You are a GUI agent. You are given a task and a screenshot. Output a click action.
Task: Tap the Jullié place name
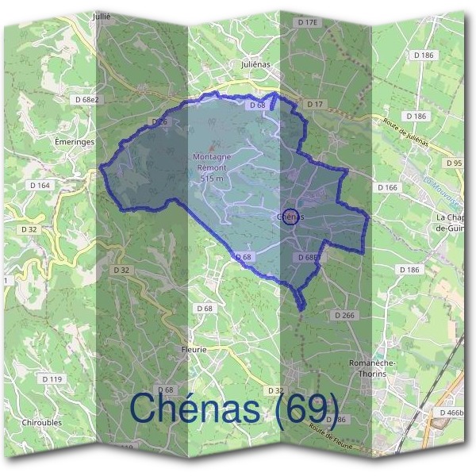pyautogui.click(x=102, y=15)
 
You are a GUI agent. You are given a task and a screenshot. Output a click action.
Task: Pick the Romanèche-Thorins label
pyautogui.click(x=367, y=367)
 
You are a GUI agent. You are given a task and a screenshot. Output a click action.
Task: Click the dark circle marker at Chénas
pyautogui.click(x=290, y=216)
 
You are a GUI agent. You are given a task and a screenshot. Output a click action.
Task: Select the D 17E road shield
pyautogui.click(x=307, y=23)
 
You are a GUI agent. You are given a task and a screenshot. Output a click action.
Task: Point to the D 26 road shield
pyautogui.click(x=159, y=122)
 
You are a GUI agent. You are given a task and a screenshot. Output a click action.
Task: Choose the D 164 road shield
pyautogui.click(x=40, y=185)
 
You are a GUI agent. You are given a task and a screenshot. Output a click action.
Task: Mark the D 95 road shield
pyautogui.click(x=455, y=163)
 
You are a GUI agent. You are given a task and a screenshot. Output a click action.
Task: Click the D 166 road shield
pyautogui.click(x=388, y=187)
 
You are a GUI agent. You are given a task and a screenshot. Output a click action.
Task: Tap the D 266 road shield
pyautogui.click(x=344, y=315)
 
